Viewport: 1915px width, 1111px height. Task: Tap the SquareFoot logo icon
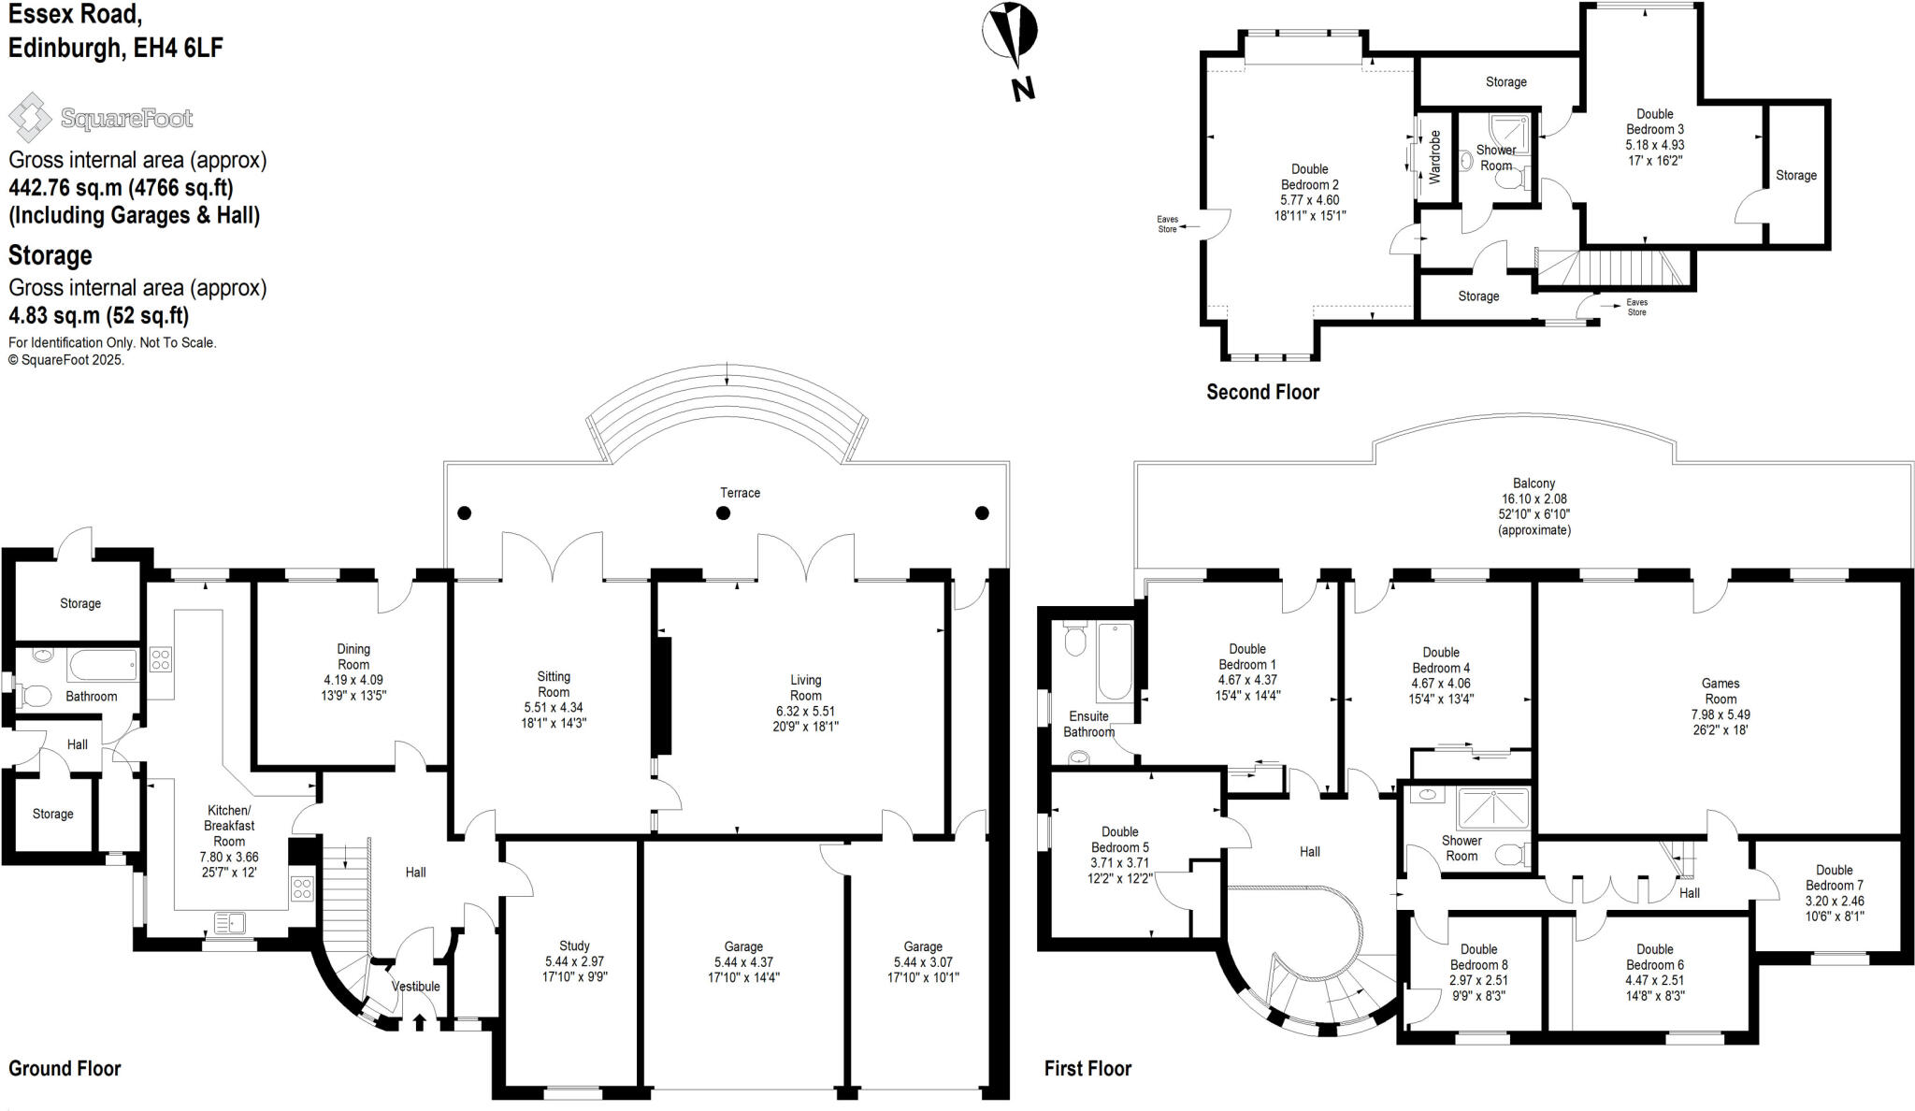(30, 118)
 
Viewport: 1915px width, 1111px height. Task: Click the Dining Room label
(353, 656)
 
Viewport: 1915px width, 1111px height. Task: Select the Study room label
(574, 946)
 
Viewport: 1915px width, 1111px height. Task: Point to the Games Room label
(1721, 691)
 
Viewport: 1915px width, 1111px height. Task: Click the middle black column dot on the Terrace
(723, 512)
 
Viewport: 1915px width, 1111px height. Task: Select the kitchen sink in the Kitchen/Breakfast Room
(229, 923)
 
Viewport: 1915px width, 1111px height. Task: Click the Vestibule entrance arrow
(419, 1021)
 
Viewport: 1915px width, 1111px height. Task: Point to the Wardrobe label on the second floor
(1435, 156)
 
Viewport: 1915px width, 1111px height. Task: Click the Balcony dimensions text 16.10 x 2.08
(1533, 499)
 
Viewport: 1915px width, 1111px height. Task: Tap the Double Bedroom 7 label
(1834, 878)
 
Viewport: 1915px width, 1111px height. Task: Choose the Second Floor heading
(1262, 392)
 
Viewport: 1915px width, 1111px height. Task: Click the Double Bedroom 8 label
(1478, 957)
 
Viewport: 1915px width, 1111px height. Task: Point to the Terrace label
(740, 493)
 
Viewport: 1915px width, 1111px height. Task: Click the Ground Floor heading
(65, 1068)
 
